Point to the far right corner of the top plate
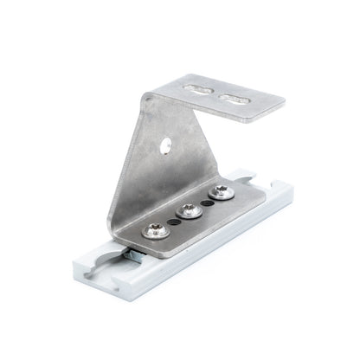point(284,103)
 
